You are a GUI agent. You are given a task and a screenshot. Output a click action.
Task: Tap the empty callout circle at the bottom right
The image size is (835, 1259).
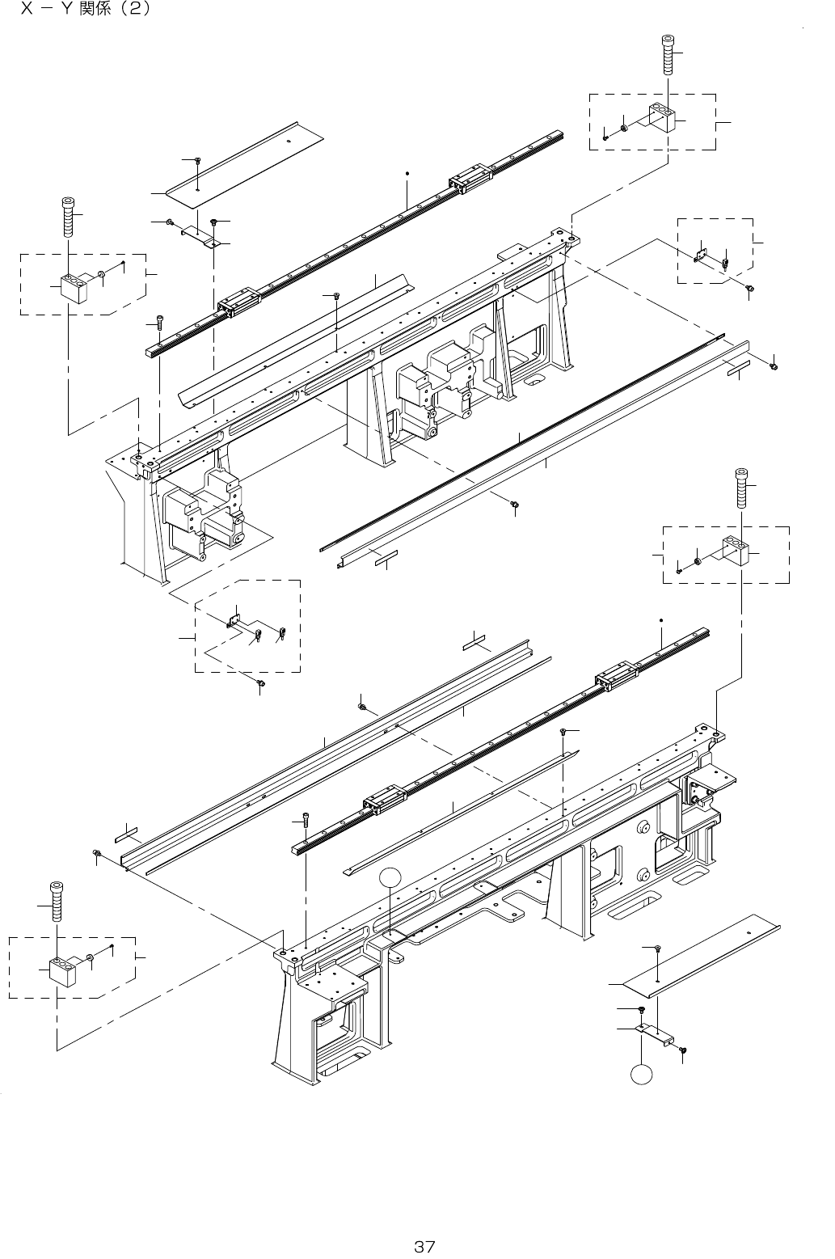tap(641, 1075)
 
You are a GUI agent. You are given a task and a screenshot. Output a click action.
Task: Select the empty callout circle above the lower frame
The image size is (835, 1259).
tap(390, 877)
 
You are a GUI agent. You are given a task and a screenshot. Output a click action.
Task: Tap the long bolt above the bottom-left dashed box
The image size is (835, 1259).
tap(57, 901)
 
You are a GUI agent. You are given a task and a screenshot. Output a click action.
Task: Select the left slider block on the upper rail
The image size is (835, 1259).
tap(233, 302)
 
